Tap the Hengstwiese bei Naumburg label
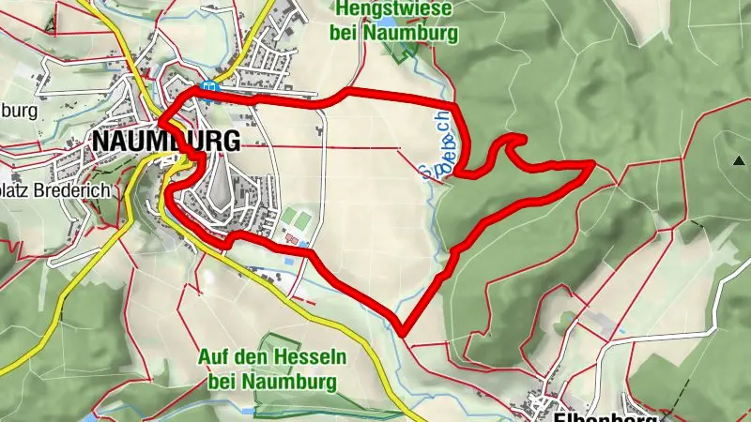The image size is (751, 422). (x=394, y=22)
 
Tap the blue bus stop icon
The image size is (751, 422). (x=212, y=87)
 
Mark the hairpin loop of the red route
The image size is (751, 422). (x=513, y=142)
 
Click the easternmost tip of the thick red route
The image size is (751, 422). (x=591, y=164)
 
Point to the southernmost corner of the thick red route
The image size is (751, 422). (x=402, y=331)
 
